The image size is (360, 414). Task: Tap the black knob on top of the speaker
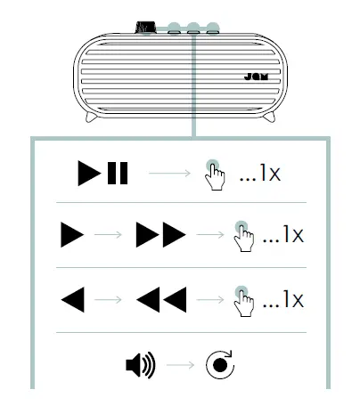tap(143, 28)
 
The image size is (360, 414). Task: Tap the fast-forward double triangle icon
tap(160, 236)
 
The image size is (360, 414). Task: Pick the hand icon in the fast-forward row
tap(242, 238)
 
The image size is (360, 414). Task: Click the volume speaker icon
tap(140, 365)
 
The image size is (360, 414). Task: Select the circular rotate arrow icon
tap(218, 365)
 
